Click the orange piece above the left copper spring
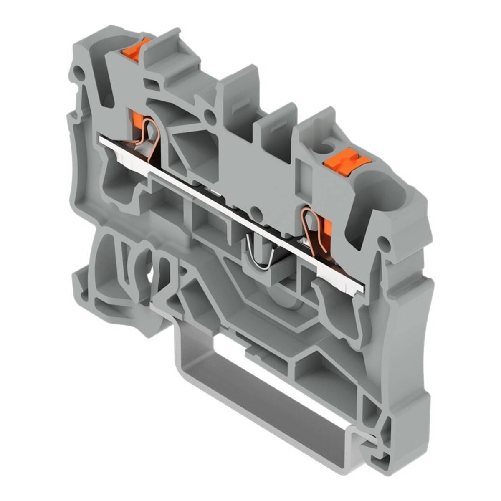pos(137,117)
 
